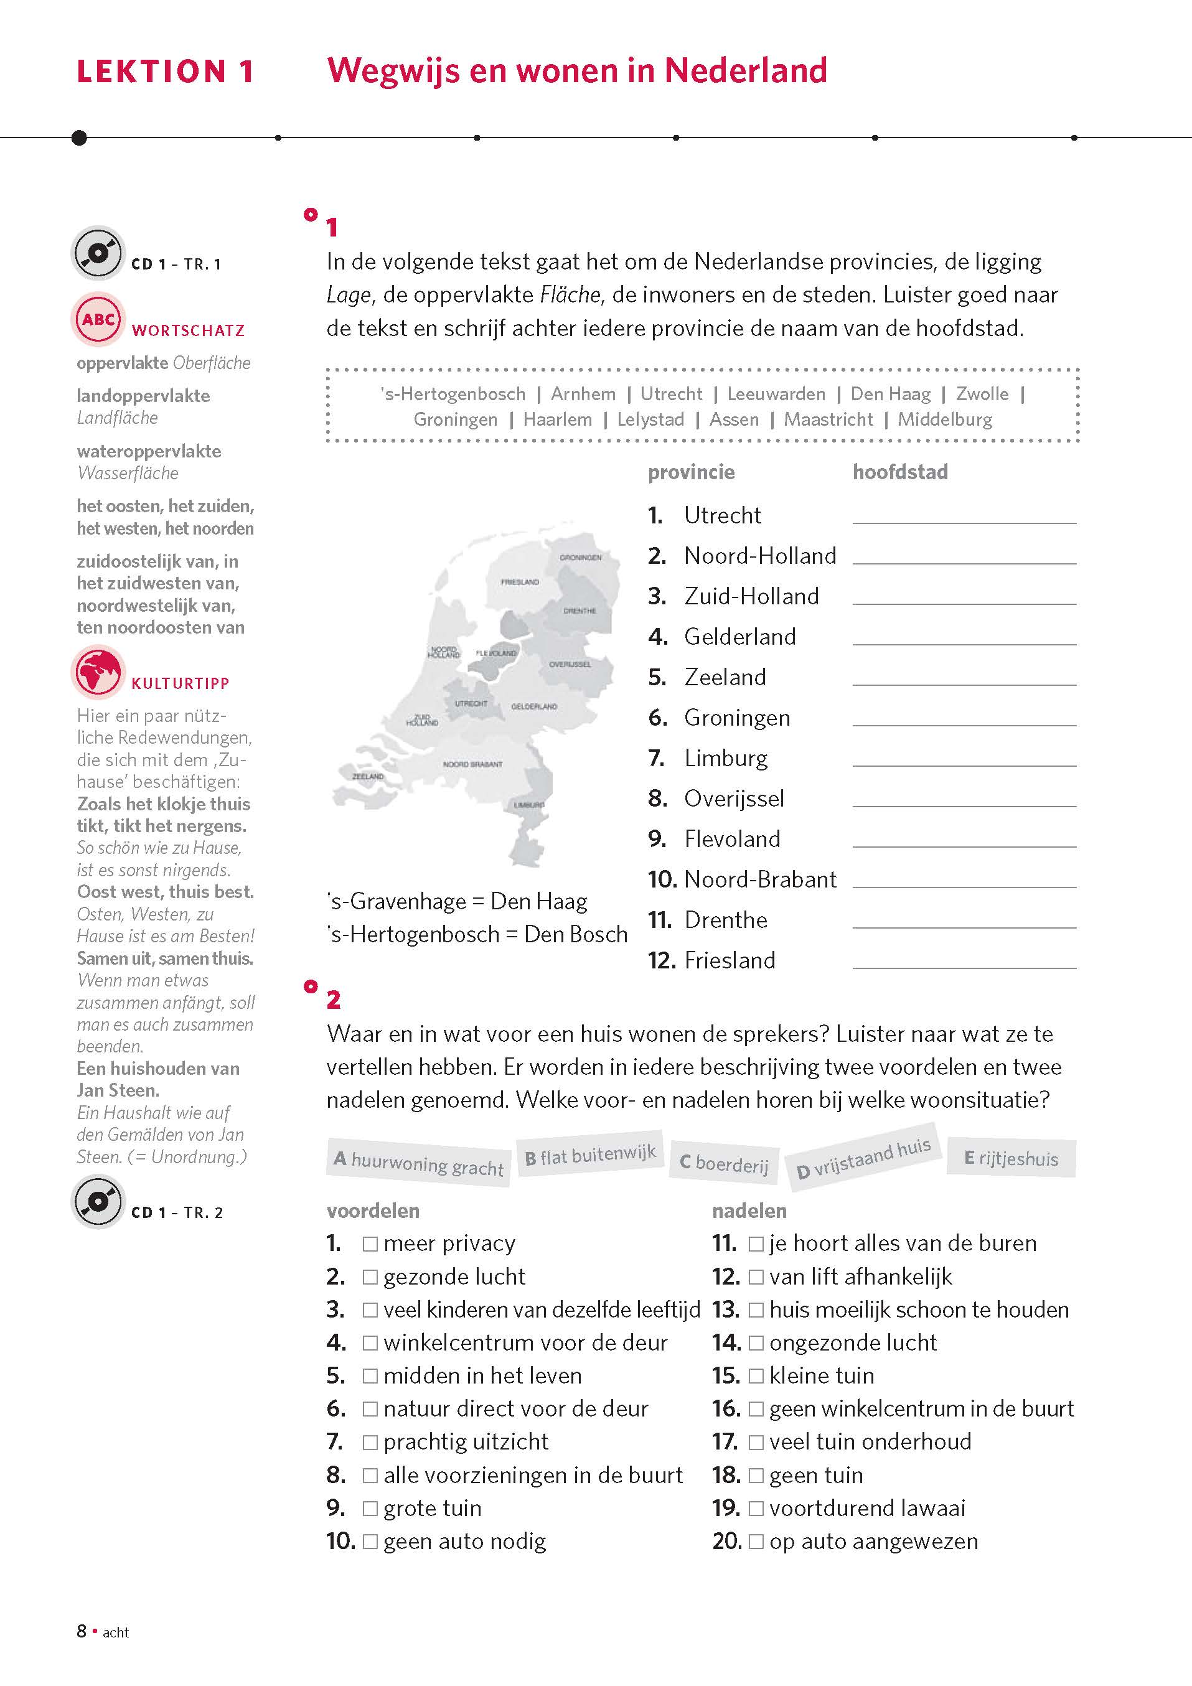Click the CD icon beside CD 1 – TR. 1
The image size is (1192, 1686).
(98, 253)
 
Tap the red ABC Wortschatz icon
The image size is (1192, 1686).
(98, 319)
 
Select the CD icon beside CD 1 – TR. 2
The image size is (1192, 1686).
(98, 1201)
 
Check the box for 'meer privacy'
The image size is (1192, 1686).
(370, 1244)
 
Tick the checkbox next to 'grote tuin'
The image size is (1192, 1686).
(370, 1509)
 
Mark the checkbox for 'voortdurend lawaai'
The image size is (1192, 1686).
(756, 1509)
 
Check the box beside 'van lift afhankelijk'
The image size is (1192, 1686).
(756, 1277)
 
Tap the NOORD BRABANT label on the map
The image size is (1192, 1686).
(472, 764)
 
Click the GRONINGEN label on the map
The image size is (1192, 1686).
(580, 558)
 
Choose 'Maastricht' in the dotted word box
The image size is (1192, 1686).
(828, 419)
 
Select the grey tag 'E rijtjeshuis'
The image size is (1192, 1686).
(1011, 1159)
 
